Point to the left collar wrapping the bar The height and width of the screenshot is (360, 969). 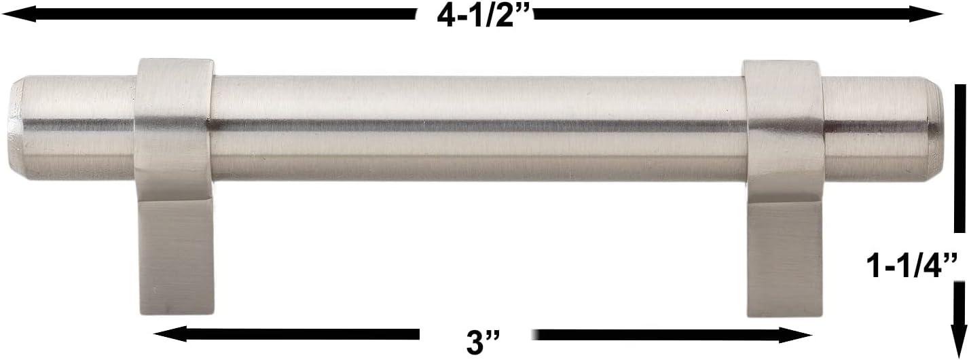[176, 122]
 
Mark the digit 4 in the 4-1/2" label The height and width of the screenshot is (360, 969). [447, 16]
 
